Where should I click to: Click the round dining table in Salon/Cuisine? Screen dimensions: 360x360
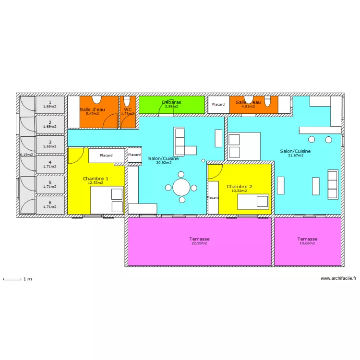pyautogui.click(x=181, y=187)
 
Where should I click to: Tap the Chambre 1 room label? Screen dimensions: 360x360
pyautogui.click(x=96, y=179)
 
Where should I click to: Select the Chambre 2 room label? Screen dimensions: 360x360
pyautogui.click(x=239, y=186)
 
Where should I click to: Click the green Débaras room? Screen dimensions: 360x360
pyautogui.click(x=172, y=105)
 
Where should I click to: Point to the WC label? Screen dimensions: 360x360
pyautogui.click(x=128, y=109)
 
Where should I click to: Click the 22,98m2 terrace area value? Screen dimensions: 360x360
pyautogui.click(x=199, y=243)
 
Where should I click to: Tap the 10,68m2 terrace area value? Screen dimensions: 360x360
pyautogui.click(x=307, y=243)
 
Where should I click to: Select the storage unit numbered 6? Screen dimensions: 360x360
pyautogui.click(x=50, y=204)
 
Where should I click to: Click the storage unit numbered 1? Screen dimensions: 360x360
pyautogui.click(x=50, y=105)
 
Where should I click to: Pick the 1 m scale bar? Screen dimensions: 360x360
pyautogui.click(x=12, y=279)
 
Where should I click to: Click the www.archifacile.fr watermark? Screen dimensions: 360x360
pyautogui.click(x=338, y=278)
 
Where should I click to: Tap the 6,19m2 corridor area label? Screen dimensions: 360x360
pyautogui.click(x=27, y=155)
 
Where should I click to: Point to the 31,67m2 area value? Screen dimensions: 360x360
pyautogui.click(x=295, y=156)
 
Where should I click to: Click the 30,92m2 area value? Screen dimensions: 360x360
pyautogui.click(x=164, y=163)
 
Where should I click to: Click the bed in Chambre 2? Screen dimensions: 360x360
pyautogui.click(x=252, y=202)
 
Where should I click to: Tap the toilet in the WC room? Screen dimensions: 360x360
pyautogui.click(x=127, y=101)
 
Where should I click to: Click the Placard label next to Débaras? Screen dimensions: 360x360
pyautogui.click(x=218, y=105)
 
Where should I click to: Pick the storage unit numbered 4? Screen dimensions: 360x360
pyautogui.click(x=50, y=164)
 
